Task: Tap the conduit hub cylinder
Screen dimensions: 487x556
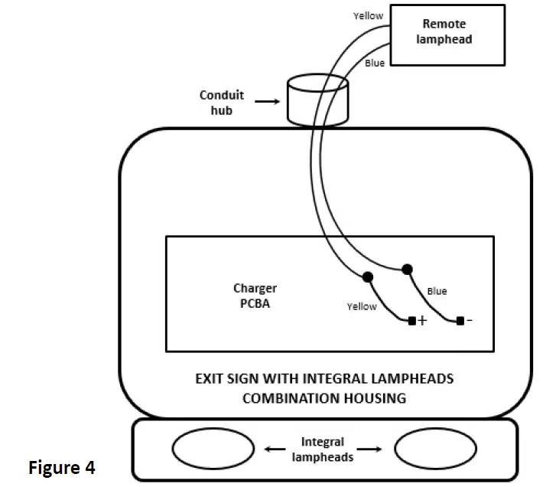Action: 316,100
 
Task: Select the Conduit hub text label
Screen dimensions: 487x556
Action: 222,102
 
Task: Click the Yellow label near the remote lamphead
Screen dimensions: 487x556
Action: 368,15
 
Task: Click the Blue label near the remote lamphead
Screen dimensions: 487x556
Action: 375,63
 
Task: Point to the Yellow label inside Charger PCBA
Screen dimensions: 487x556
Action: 362,306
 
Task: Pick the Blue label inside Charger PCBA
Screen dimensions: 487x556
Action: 437,291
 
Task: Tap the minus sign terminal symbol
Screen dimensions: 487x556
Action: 469,321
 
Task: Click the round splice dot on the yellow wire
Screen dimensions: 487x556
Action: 368,276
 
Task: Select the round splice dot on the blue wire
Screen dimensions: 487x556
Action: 407,268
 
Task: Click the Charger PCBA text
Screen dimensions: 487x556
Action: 255,295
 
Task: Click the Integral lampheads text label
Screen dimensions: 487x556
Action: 322,449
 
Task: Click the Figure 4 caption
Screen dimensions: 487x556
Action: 62,467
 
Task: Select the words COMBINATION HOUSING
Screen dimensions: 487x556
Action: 324,398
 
